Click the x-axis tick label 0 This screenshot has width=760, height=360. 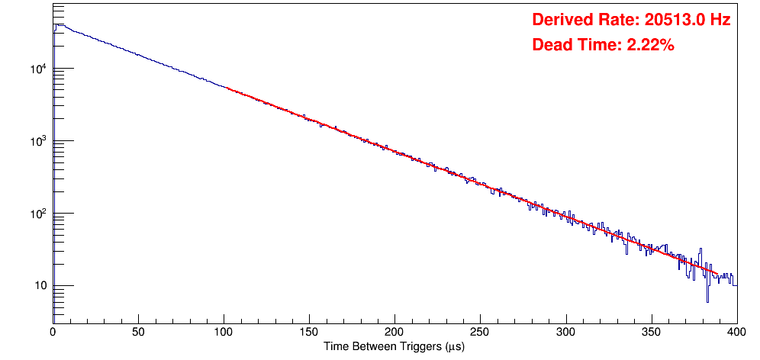(x=53, y=332)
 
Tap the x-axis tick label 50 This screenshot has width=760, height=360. (x=138, y=332)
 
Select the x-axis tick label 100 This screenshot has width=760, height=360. (x=224, y=332)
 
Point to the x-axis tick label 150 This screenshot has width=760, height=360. (x=309, y=332)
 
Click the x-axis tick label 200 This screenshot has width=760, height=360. (x=394, y=332)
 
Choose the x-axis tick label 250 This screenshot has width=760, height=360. (x=480, y=332)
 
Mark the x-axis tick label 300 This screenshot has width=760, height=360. (x=565, y=332)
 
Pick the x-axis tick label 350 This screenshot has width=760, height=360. (x=651, y=332)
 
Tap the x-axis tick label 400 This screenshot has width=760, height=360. (x=736, y=332)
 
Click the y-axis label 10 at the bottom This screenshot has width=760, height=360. (x=39, y=286)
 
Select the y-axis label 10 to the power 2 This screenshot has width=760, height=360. (x=37, y=214)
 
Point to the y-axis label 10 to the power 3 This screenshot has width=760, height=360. (x=37, y=141)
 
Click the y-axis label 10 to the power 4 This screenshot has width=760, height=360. (x=37, y=69)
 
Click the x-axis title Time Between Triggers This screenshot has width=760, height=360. (x=394, y=346)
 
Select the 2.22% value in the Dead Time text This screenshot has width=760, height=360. (x=650, y=45)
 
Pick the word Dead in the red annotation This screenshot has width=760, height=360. (x=551, y=45)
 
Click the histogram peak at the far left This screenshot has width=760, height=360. (x=56, y=25)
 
